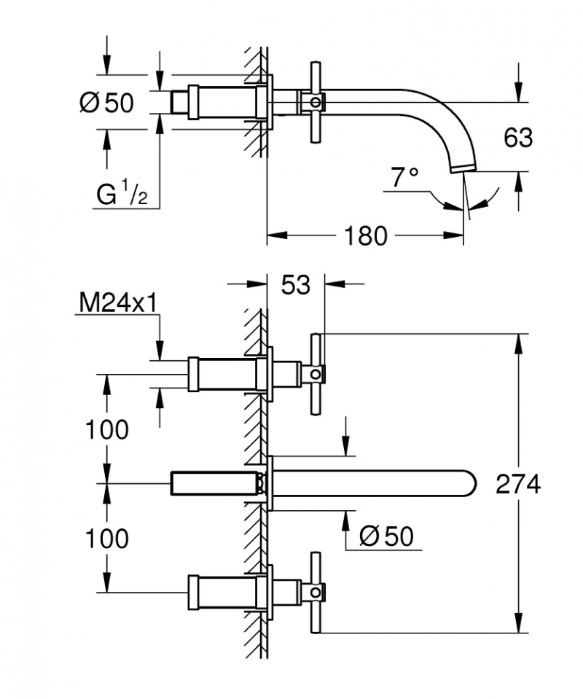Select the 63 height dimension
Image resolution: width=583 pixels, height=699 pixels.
[x=517, y=137]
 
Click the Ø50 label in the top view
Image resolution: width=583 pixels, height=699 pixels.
[x=106, y=103]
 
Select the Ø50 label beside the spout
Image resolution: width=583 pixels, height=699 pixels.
[x=386, y=536]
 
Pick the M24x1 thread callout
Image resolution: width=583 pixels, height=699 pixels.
[x=117, y=303]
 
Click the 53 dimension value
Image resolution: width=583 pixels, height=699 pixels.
[x=296, y=285]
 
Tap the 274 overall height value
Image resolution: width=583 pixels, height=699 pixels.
[x=518, y=484]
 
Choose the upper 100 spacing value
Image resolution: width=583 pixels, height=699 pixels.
[x=106, y=430]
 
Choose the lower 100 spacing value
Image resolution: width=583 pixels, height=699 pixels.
[x=106, y=539]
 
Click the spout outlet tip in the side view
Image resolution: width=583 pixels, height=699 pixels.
[x=463, y=169]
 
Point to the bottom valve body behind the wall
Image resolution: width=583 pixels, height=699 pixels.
[x=222, y=590]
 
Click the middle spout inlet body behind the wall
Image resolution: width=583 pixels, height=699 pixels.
[x=215, y=483]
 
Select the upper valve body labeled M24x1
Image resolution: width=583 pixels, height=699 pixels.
[x=222, y=373]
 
